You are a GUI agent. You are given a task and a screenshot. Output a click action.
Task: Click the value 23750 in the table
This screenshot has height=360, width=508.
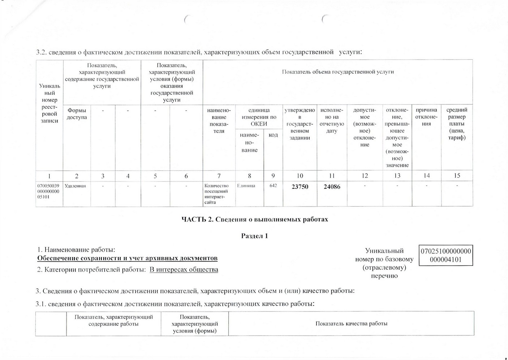pyautogui.click(x=300, y=187)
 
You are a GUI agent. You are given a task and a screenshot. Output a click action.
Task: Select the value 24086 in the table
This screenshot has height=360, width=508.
pyautogui.click(x=332, y=187)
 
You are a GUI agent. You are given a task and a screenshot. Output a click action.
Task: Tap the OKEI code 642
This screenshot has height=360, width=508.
pyautogui.click(x=273, y=186)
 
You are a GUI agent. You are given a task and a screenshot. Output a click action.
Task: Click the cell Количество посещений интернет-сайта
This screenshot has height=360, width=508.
pyautogui.click(x=216, y=194)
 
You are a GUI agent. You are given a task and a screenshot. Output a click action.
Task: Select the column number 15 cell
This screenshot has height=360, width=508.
pyautogui.click(x=457, y=175)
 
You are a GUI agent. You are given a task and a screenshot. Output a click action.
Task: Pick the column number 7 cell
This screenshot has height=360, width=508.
pyautogui.click(x=219, y=176)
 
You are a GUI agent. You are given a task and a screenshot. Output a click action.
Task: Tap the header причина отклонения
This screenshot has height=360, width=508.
pyautogui.click(x=426, y=117)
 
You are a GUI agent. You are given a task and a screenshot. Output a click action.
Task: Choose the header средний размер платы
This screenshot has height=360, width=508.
pyautogui.click(x=457, y=123)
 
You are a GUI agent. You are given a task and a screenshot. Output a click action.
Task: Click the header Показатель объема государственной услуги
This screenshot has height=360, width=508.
pyautogui.click(x=337, y=72)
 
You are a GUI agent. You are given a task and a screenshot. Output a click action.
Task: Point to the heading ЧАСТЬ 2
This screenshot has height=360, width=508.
pyautogui.click(x=255, y=219)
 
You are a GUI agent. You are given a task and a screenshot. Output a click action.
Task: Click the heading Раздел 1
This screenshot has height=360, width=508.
pyautogui.click(x=255, y=236)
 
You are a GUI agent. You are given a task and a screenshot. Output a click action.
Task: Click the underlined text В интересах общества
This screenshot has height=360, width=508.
pyautogui.click(x=184, y=269)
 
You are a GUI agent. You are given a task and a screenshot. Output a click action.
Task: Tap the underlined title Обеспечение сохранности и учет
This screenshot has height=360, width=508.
pyautogui.click(x=128, y=258)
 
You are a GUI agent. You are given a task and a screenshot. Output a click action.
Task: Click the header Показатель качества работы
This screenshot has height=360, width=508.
pyautogui.click(x=351, y=324)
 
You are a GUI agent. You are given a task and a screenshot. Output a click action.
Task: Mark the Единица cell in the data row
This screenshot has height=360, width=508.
pyautogui.click(x=246, y=186)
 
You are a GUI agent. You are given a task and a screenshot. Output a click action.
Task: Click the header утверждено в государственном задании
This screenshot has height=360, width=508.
pyautogui.click(x=300, y=123)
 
